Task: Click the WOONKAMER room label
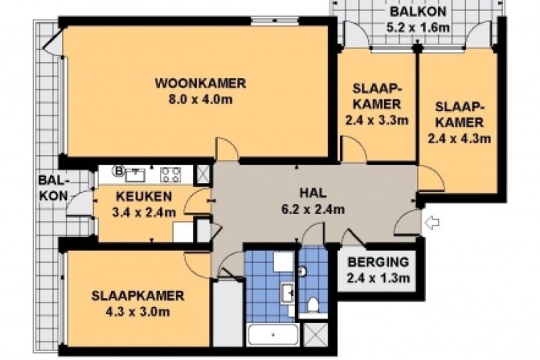[x=200, y=83]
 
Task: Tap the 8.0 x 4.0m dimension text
[x=200, y=99]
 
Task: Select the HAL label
[x=313, y=193]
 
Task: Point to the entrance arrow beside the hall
[x=432, y=223]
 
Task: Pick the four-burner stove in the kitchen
[x=171, y=175]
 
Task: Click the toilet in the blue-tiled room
[x=313, y=305]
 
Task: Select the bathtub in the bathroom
[x=273, y=335]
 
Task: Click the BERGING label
[x=378, y=262]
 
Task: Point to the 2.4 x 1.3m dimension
[x=378, y=278]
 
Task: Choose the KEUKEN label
[x=144, y=197]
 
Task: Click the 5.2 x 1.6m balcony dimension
[x=418, y=27]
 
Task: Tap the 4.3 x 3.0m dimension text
[x=138, y=312]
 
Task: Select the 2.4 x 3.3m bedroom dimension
[x=377, y=120]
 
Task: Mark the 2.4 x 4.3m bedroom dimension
[x=459, y=139]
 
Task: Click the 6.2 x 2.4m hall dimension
[x=313, y=209]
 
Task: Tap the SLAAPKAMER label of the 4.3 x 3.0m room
[x=138, y=296]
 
